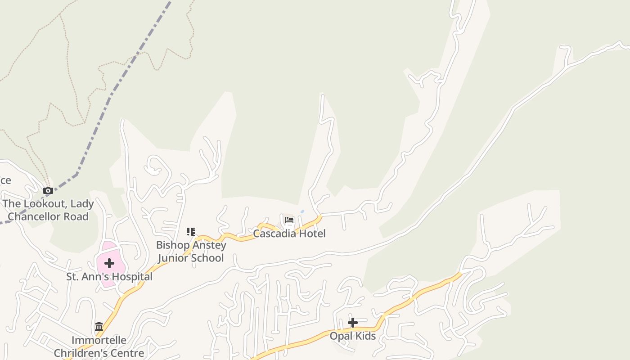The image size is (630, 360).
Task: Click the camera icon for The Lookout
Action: coord(48,191)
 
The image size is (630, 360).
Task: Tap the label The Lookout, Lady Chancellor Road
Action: coord(48,210)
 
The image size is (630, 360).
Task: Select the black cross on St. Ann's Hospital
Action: coord(109,263)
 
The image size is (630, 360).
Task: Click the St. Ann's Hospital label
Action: coord(109,277)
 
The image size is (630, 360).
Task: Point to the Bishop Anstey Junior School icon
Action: coord(191,232)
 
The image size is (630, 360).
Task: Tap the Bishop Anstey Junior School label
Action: coord(191,252)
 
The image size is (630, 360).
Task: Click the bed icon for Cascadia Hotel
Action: coord(289,220)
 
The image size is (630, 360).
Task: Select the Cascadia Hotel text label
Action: coord(289,234)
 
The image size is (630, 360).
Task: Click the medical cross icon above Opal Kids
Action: coord(353,323)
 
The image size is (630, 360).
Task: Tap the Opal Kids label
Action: coord(353,336)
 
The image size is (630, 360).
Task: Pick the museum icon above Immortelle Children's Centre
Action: coord(99,326)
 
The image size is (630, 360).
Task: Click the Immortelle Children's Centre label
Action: coord(99,346)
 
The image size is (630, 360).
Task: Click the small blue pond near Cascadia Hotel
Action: coord(302,211)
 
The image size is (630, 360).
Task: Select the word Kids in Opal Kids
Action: coord(364,336)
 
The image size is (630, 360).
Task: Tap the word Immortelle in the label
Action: coord(99,340)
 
